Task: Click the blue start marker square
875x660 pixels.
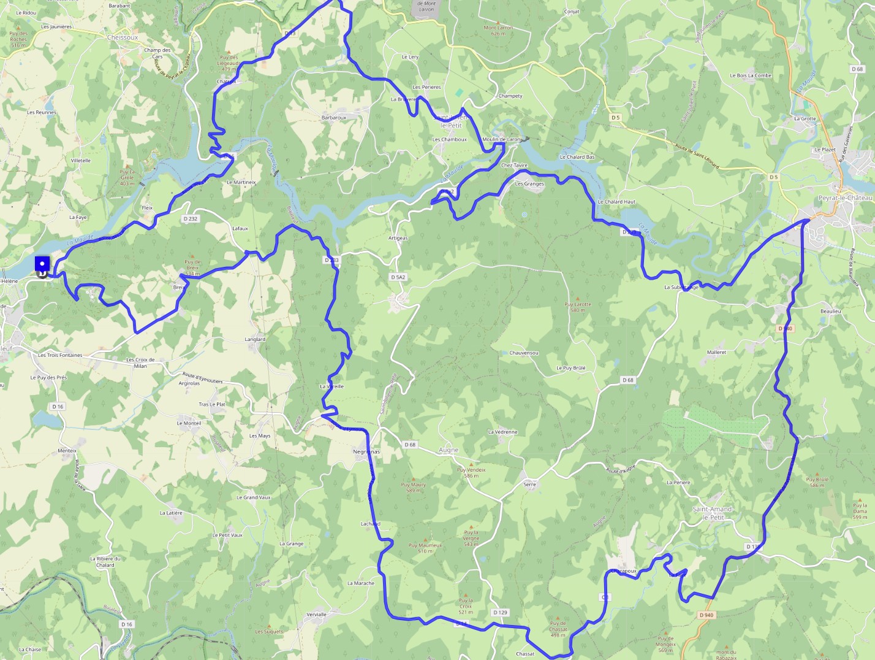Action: point(42,264)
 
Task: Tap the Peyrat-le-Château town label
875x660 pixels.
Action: point(845,198)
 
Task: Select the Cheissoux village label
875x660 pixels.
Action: point(123,37)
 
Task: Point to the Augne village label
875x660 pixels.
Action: point(449,450)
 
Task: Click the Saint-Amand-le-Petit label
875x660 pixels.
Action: point(713,513)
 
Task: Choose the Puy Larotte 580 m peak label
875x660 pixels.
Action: point(578,307)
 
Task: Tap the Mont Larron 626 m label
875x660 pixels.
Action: point(498,30)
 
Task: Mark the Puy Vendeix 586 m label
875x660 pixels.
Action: point(471,472)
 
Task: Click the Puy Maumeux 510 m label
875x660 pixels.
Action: point(425,548)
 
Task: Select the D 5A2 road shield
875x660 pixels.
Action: point(398,277)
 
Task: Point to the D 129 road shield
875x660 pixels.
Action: point(500,612)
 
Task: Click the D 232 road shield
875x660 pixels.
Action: point(191,218)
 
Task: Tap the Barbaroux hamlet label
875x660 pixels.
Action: point(334,117)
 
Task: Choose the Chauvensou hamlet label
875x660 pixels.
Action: point(524,353)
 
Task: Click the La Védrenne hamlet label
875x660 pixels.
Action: point(502,432)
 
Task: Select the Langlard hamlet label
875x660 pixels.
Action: point(255,339)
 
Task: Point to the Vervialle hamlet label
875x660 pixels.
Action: point(316,614)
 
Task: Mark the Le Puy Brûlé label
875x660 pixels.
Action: point(570,368)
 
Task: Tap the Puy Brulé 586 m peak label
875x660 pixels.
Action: point(817,482)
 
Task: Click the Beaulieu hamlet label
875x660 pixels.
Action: point(830,311)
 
